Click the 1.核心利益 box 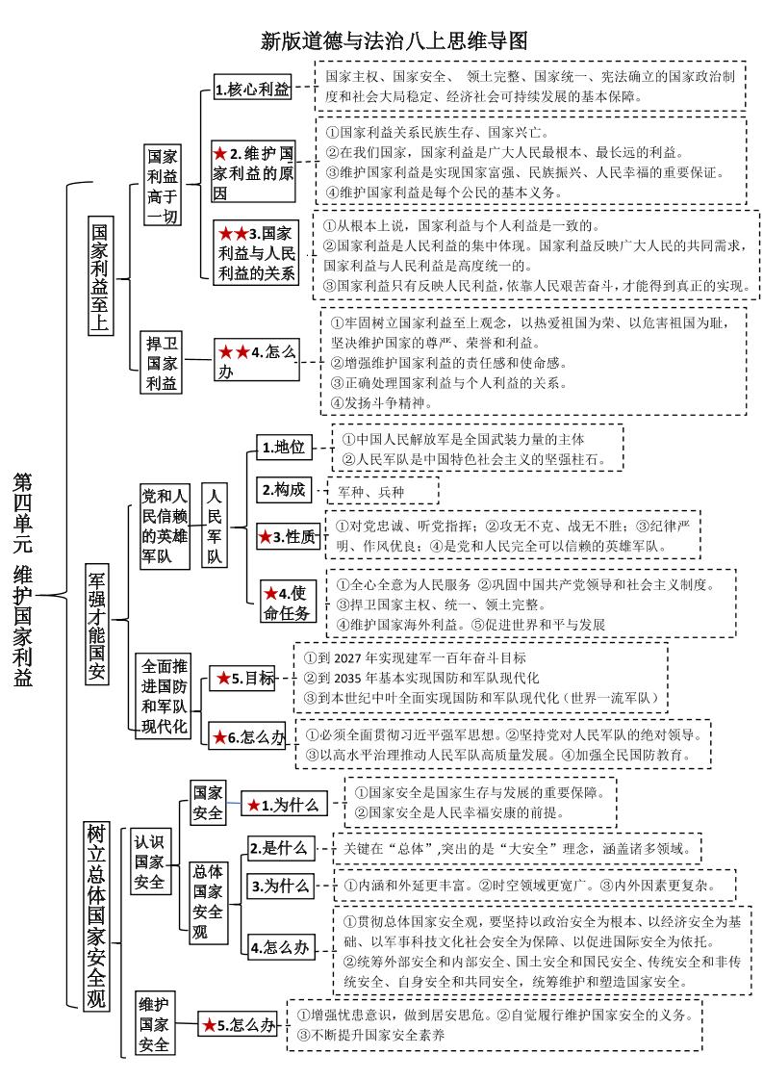(252, 90)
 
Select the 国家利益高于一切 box (162, 186)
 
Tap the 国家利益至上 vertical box (99, 279)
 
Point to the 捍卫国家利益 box (162, 363)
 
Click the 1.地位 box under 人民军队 (283, 448)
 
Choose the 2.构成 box (283, 490)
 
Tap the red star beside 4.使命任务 (271, 592)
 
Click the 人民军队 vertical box (215, 526)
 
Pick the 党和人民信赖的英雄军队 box (165, 526)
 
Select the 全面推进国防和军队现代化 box (165, 696)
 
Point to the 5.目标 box (242, 678)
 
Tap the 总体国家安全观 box (208, 902)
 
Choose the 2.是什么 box (278, 848)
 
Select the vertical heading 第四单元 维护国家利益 (23, 579)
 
